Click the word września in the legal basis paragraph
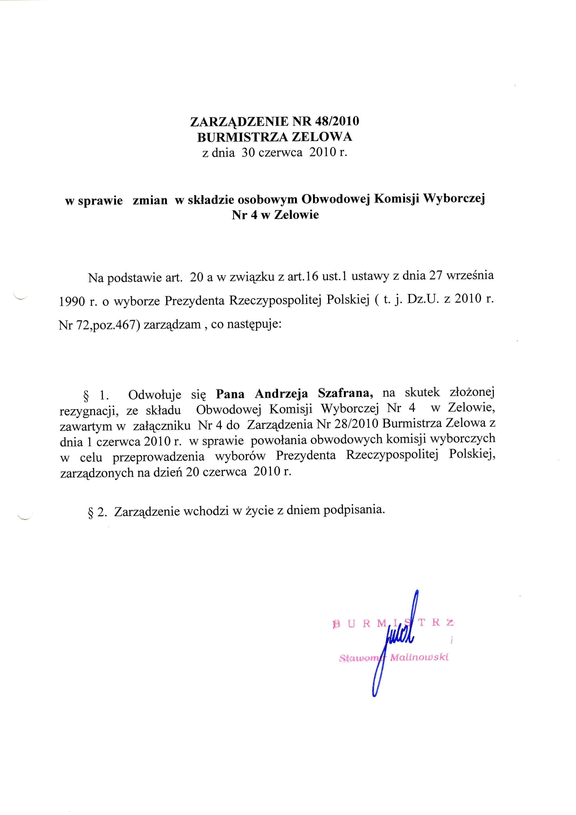470,275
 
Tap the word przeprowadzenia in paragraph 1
158,456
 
